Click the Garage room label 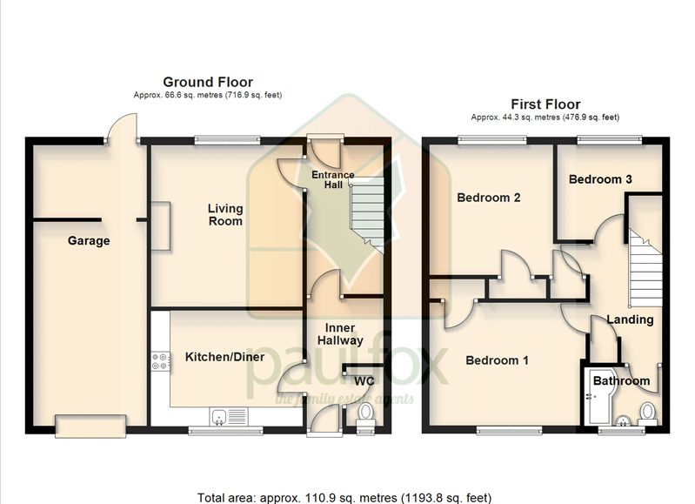coord(89,241)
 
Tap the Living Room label coord(225,215)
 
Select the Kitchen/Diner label coord(224,357)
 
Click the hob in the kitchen coord(160,361)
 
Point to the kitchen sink coord(229,417)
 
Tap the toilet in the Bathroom coord(647,413)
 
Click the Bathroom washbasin coord(624,420)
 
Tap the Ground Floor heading coord(208,82)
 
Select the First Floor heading coord(545,104)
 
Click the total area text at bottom coord(344,498)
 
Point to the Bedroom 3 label coord(600,179)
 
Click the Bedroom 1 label coord(497,360)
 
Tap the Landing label coord(630,319)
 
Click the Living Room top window coord(227,140)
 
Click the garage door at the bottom coord(90,426)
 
